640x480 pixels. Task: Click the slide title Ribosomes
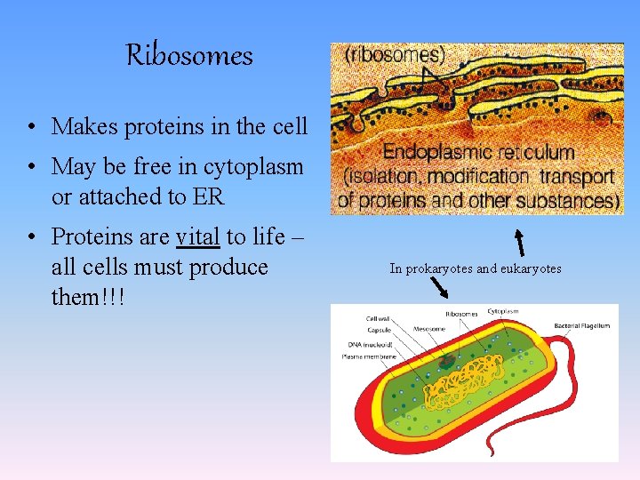click(x=189, y=55)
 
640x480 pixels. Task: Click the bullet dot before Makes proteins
click(x=31, y=128)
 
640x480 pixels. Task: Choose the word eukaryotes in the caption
click(x=528, y=268)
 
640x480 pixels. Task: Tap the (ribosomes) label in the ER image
click(x=396, y=55)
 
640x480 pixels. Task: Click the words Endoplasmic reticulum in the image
click(x=478, y=153)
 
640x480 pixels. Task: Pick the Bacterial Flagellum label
click(x=582, y=326)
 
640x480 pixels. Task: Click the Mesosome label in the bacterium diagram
click(x=429, y=328)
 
